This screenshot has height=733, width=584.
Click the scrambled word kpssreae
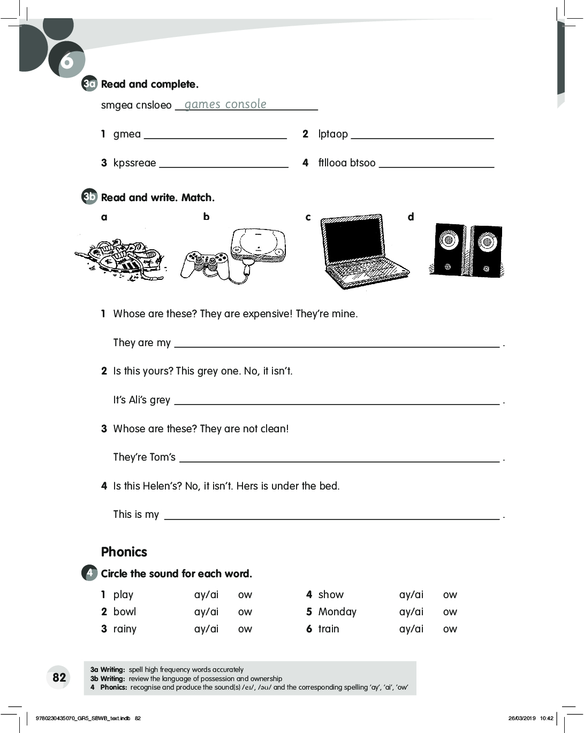point(134,163)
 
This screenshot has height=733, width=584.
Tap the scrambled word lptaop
point(333,134)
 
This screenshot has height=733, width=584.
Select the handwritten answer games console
point(225,104)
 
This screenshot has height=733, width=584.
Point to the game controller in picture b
point(205,263)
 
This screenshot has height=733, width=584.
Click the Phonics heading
point(124,552)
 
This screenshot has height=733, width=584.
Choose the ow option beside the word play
point(245,594)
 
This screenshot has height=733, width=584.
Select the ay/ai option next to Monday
point(411,612)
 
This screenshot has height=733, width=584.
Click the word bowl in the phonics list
point(125,612)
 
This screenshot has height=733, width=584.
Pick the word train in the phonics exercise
point(329,629)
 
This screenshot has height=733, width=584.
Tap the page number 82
point(59,677)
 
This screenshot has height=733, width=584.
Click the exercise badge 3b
point(89,197)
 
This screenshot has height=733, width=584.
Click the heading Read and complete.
point(149,84)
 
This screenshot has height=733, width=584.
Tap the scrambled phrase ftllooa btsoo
point(347,163)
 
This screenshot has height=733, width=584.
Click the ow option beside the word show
point(450,594)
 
